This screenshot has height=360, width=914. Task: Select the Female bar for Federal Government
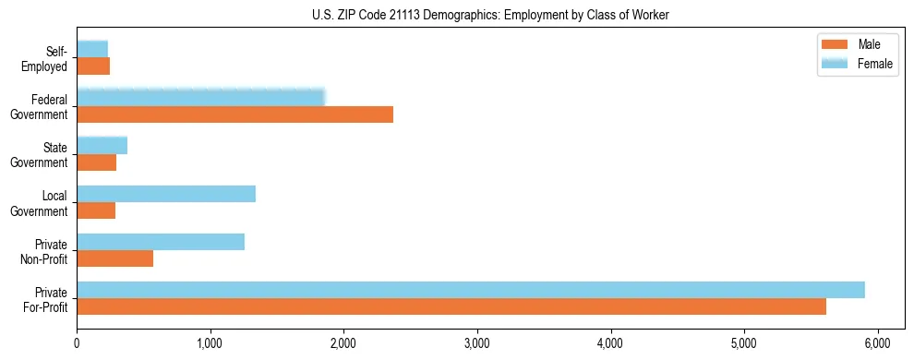point(200,98)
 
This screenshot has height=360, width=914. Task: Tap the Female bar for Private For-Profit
point(471,290)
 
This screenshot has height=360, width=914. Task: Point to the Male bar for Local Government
point(96,210)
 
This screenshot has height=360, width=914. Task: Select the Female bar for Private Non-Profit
point(161,242)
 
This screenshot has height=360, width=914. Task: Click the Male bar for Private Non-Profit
point(114,258)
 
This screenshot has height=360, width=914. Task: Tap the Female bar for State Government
point(102,146)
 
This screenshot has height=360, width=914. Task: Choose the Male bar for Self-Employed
point(93,66)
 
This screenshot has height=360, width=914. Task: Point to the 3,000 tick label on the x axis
point(477,343)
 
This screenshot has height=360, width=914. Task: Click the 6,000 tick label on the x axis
point(878,343)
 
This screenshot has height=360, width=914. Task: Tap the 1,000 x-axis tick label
point(210,343)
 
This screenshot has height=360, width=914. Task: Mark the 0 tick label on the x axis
point(77,343)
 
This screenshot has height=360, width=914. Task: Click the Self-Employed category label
point(51,59)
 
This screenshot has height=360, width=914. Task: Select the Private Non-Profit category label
point(49,251)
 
